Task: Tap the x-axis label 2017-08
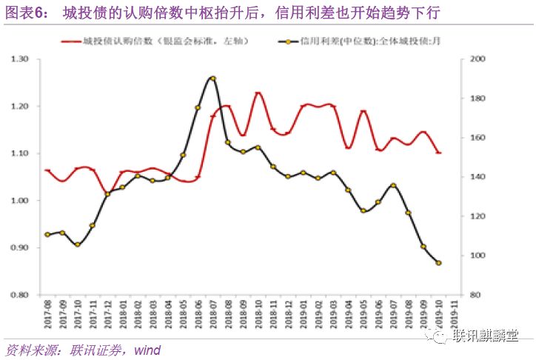(48, 316)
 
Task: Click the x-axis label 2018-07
(212, 316)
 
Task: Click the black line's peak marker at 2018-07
(212, 78)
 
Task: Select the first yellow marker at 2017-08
(48, 234)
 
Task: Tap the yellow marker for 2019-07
(393, 185)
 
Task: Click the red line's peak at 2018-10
(258, 93)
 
